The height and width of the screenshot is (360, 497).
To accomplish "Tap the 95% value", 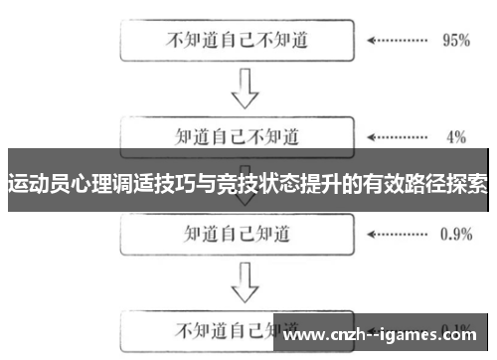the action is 454,42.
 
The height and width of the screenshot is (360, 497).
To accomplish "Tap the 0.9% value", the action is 454,234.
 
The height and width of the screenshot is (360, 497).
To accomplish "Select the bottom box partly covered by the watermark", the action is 199,329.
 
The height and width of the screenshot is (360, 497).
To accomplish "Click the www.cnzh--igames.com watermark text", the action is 384,332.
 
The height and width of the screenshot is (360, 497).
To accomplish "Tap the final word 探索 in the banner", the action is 466,184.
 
